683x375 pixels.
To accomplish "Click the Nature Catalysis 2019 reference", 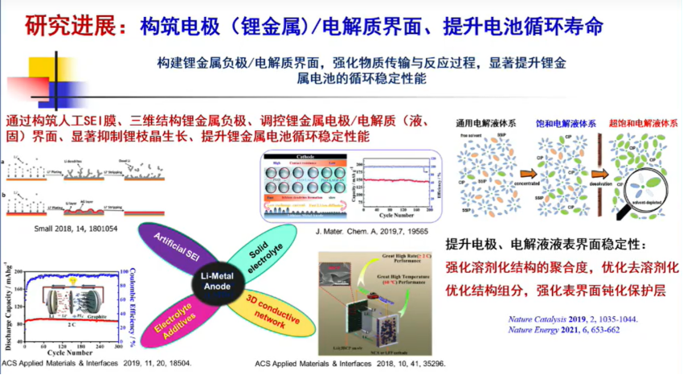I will click(x=574, y=319).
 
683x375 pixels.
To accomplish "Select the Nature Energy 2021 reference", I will click(x=567, y=331).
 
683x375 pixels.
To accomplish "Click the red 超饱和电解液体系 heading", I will click(x=644, y=126).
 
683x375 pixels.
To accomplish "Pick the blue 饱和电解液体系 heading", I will click(x=566, y=126).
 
